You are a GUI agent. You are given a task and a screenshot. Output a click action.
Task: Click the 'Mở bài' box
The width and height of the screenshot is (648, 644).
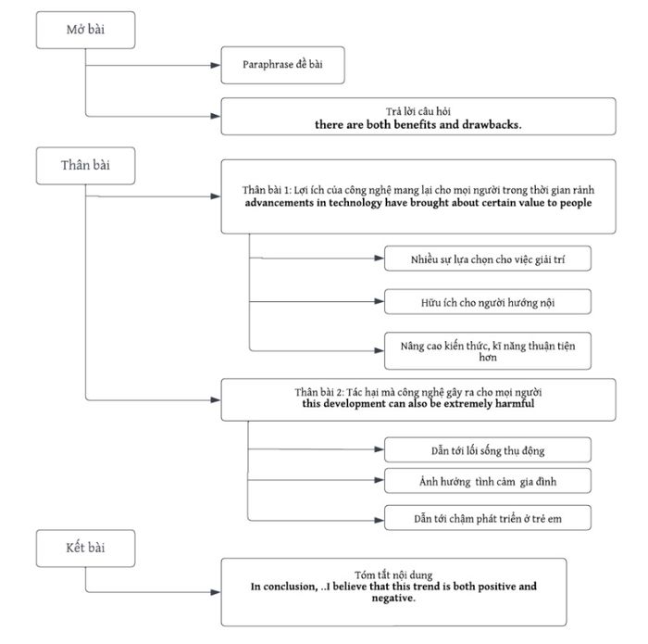click(x=85, y=31)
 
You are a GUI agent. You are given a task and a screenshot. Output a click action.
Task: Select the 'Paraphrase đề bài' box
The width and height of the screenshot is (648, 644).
click(x=282, y=66)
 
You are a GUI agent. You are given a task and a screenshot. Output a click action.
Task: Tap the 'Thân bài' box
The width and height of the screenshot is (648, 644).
click(x=85, y=166)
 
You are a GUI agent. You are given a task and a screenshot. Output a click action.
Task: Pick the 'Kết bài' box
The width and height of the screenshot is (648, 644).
click(x=85, y=549)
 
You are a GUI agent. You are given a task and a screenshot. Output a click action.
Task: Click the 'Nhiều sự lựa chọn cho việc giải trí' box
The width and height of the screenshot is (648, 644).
click(x=488, y=259)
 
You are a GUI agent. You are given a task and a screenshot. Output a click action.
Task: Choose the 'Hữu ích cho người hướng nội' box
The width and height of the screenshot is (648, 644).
click(x=488, y=302)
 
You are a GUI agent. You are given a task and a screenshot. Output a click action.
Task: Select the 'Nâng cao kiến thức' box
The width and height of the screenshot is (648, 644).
click(x=488, y=351)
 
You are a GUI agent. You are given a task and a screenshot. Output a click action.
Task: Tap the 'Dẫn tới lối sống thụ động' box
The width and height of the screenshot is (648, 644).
click(x=488, y=449)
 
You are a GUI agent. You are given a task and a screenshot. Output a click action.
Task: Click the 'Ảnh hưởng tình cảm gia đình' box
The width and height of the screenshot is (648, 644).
click(x=488, y=481)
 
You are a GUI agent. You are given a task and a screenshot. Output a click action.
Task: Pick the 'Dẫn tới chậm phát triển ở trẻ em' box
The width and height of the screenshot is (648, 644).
click(x=488, y=517)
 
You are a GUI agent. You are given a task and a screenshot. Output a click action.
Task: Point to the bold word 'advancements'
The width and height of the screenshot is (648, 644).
click(x=279, y=203)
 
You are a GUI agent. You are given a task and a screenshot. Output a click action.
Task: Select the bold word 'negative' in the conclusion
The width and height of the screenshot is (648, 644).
click(x=393, y=598)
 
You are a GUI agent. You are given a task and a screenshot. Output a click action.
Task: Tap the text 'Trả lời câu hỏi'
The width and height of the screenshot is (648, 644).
click(x=418, y=111)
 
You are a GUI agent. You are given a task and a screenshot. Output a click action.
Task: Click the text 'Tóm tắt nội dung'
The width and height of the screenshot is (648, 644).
click(x=393, y=575)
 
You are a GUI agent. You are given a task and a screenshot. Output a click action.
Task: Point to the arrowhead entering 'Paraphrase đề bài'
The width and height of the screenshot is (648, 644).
click(x=216, y=66)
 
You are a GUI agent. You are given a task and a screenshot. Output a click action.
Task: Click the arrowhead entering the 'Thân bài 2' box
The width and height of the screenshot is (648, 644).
click(x=216, y=400)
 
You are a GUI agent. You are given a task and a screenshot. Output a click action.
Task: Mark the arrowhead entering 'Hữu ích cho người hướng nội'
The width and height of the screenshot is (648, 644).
click(x=379, y=301)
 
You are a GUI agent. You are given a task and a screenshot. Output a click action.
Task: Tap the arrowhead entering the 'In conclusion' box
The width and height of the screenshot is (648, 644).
click(x=216, y=592)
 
